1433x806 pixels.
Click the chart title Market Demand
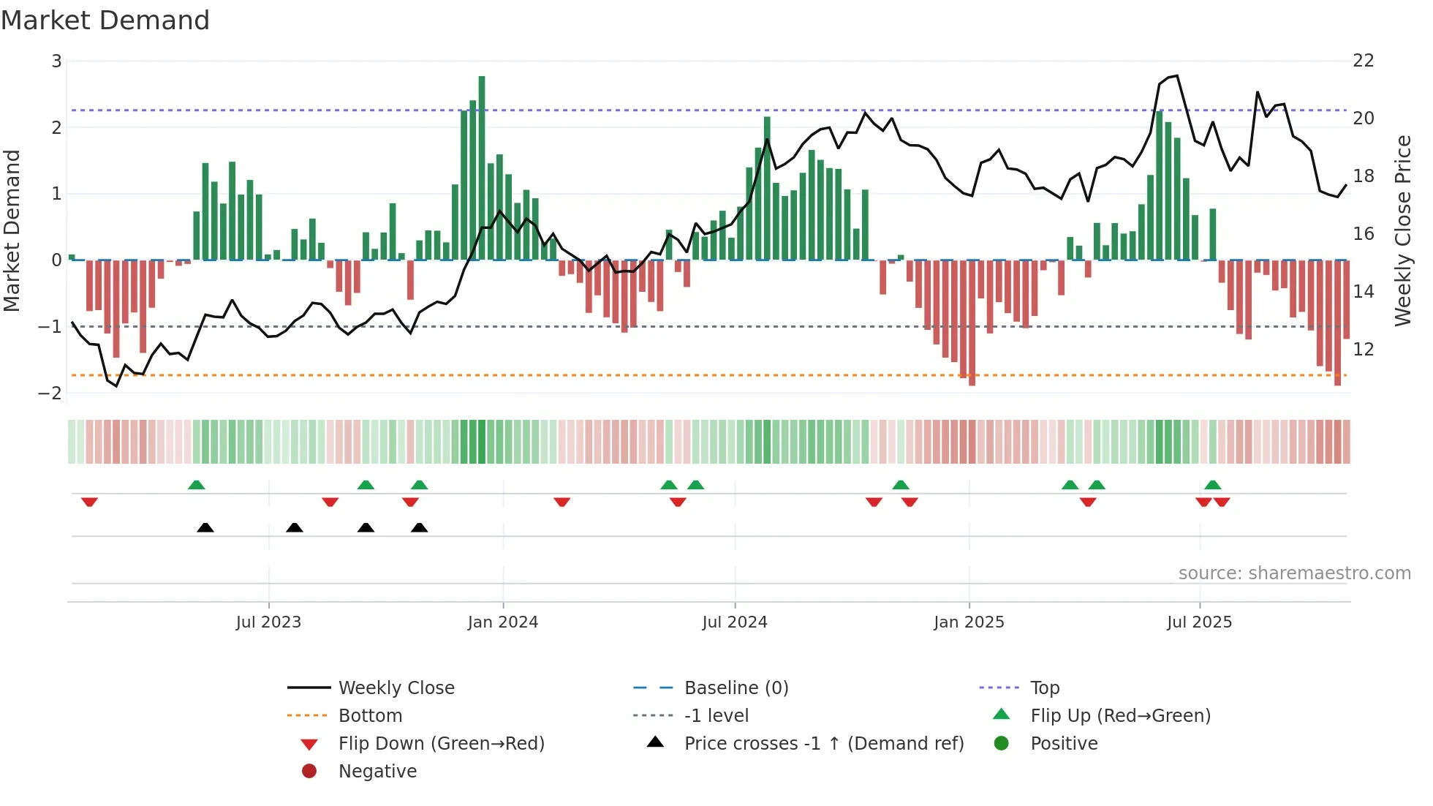pyautogui.click(x=105, y=20)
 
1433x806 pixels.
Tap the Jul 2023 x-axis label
pyautogui.click(x=268, y=622)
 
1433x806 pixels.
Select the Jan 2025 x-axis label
pyautogui.click(x=969, y=622)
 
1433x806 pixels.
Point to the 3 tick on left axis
pyautogui.click(x=56, y=61)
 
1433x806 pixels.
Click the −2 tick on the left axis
pyautogui.click(x=50, y=393)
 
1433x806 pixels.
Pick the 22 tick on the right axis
pyautogui.click(x=1364, y=61)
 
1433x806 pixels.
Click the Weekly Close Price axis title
pyautogui.click(x=1402, y=230)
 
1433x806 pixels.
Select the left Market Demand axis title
pyautogui.click(x=12, y=230)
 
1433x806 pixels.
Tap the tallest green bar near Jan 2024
pyautogui.click(x=482, y=168)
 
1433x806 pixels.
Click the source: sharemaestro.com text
pyautogui.click(x=1294, y=573)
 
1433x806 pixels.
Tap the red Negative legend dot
pyautogui.click(x=309, y=772)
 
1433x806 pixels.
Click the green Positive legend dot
pyautogui.click(x=1002, y=744)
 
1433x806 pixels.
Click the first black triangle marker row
pyautogui.click(x=205, y=528)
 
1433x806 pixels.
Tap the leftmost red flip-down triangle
pyautogui.click(x=90, y=502)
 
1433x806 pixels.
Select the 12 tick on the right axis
pyautogui.click(x=1364, y=350)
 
